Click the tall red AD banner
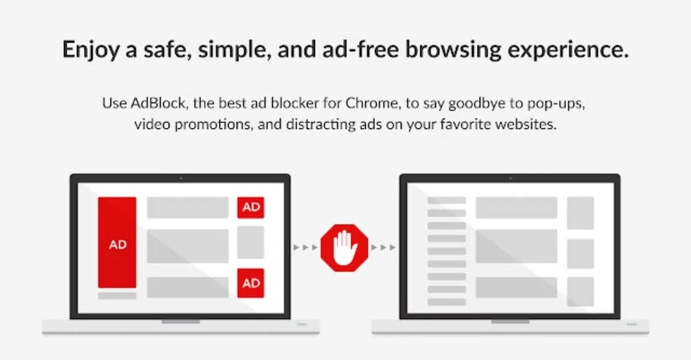117,242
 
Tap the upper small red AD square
250,207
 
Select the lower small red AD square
250,283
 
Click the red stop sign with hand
344,248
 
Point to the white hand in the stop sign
344,248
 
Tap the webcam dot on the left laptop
180,178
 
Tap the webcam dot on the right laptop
510,178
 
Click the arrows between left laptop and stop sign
305,248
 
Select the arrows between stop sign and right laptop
383,248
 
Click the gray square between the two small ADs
250,242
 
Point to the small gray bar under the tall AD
117,295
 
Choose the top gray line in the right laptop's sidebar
446,200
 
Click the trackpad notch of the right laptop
510,321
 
